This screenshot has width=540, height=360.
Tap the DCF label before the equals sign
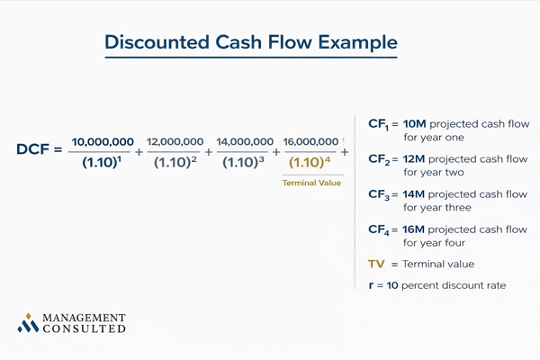(33, 149)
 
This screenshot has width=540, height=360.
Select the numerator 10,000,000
(103, 142)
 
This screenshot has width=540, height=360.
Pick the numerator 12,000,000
(175, 142)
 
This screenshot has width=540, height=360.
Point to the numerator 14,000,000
(245, 142)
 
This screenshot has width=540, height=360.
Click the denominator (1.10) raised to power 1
(101, 163)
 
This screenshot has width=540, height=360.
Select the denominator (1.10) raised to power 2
(175, 163)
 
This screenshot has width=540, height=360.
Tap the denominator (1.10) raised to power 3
(245, 163)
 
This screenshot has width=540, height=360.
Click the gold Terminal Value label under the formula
(310, 183)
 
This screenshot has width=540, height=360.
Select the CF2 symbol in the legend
(379, 160)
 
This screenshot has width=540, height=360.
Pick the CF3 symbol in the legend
(379, 194)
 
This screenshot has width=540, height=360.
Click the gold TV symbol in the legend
(377, 264)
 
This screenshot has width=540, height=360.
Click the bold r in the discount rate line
(372, 285)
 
